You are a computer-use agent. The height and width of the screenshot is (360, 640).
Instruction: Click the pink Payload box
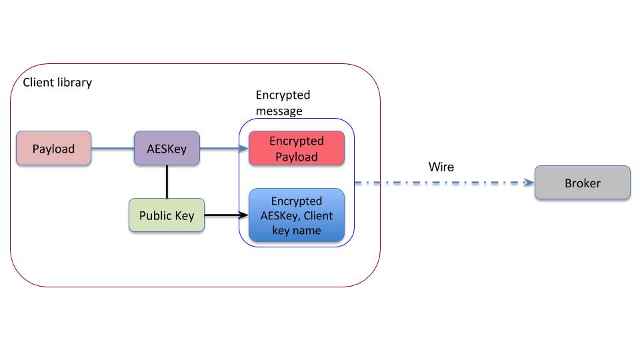[x=53, y=149]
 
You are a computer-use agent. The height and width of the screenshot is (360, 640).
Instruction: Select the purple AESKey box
[x=167, y=149]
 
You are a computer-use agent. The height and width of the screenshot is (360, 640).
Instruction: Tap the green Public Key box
[x=166, y=215]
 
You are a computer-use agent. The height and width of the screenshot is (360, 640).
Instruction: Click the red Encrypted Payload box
[x=296, y=149]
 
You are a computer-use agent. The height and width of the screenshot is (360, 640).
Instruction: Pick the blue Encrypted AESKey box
[x=296, y=215]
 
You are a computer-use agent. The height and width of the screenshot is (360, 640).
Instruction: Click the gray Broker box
[x=582, y=183]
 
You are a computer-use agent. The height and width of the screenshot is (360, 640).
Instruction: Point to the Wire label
[x=441, y=167]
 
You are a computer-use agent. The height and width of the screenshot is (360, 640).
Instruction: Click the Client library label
[x=57, y=83]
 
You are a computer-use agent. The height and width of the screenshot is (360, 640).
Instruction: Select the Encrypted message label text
[x=283, y=103]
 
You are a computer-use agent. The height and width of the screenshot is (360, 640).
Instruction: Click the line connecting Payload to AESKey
[x=112, y=149]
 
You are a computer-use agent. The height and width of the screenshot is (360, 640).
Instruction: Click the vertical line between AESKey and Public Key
[x=167, y=182]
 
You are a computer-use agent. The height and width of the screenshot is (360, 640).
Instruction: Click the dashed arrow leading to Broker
[x=440, y=183]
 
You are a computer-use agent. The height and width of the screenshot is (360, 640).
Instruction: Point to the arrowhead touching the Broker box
[x=530, y=183]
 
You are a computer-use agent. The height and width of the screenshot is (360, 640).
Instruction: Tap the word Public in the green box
[x=153, y=215]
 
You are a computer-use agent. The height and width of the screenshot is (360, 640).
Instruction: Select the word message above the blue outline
[x=279, y=111]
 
